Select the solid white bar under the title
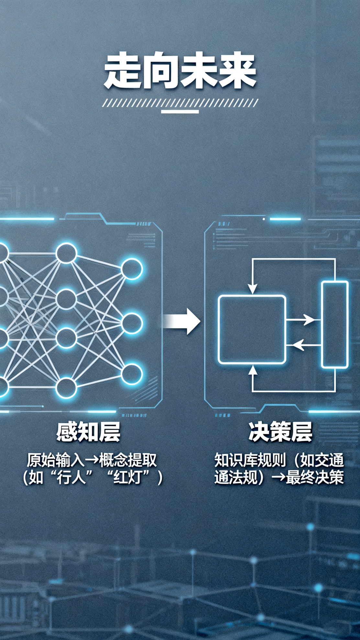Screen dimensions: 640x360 (180, 112)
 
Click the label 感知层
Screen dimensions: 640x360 (88, 432)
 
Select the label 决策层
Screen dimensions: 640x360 (280, 432)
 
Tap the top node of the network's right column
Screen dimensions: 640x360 (131, 269)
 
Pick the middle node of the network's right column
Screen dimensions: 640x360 (131, 323)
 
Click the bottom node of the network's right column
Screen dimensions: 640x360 (131, 374)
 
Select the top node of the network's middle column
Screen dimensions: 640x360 (66, 253)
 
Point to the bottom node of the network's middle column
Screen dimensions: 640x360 (66, 387)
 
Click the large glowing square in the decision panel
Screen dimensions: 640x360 (252, 329)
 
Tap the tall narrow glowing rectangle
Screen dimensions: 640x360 (335, 325)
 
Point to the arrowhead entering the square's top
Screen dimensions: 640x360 (252, 288)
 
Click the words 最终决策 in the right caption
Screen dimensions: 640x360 (315, 477)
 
